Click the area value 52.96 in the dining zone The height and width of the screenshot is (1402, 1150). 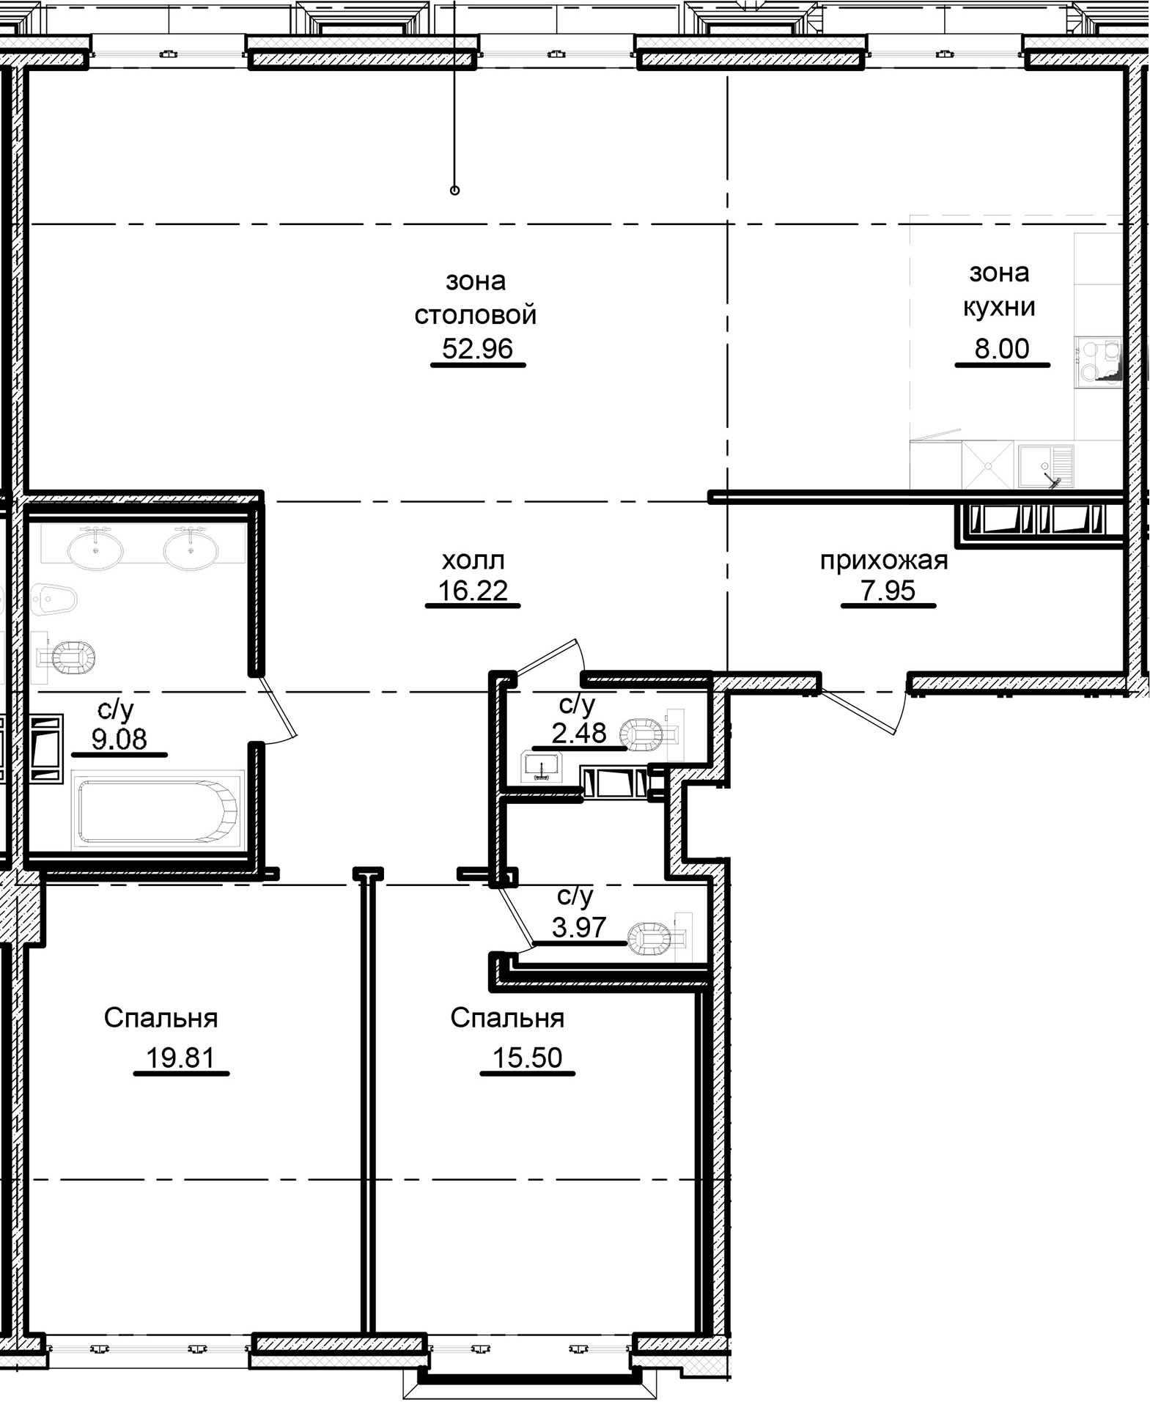pos(477,349)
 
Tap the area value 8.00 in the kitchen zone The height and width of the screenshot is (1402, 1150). pos(1001,349)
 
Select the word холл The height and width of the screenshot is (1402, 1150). pos(473,561)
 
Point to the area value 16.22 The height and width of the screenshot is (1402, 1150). pos(473,590)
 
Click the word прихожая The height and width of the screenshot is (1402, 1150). pos(883,561)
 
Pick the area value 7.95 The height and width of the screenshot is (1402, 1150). pos(888,590)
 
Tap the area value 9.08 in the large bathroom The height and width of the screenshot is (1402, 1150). pos(119,739)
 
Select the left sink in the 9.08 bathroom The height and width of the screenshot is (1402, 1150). pos(95,550)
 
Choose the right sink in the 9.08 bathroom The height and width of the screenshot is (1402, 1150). pos(191,550)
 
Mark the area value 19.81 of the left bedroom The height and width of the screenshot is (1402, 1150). pos(180,1058)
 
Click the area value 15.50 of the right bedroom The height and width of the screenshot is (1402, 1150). pos(527,1058)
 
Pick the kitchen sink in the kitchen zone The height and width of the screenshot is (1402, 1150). pos(1045,466)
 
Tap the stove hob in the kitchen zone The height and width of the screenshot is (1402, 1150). pos(1098,360)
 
